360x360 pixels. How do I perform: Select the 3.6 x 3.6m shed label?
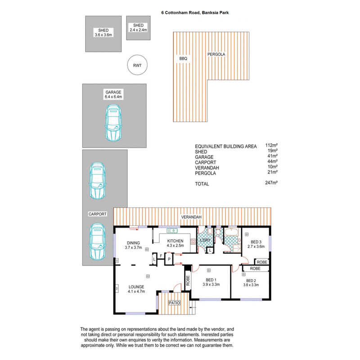103,32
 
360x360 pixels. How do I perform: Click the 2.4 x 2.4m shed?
138,27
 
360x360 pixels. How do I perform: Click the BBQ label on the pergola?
183,58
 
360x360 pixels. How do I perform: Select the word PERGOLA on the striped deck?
216,54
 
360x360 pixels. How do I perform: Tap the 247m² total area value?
271,183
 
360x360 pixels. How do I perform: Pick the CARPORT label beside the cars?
98,215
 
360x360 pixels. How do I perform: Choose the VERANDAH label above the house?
191,217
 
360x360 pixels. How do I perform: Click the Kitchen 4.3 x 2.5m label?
175,243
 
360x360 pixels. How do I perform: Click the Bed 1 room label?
211,282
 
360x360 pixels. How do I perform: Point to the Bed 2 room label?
251,282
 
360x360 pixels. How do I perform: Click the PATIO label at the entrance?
174,303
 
